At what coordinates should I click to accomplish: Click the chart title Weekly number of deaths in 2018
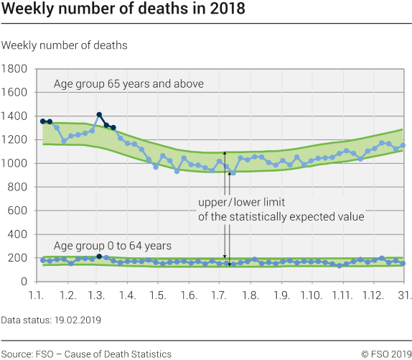(123, 9)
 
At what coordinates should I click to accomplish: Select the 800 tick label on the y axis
(18, 187)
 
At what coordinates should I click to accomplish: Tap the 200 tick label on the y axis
(18, 258)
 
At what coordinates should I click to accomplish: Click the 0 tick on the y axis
(24, 282)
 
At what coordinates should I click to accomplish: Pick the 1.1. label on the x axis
(38, 295)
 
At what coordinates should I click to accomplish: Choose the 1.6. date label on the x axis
(189, 295)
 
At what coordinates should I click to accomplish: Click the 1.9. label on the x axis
(281, 295)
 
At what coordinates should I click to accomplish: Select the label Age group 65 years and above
(128, 84)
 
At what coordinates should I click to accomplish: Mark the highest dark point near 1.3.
(99, 115)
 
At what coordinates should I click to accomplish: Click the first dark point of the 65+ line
(43, 122)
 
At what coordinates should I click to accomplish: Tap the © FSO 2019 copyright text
(385, 354)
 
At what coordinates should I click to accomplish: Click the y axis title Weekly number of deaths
(65, 45)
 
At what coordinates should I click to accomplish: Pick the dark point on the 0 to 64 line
(99, 256)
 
